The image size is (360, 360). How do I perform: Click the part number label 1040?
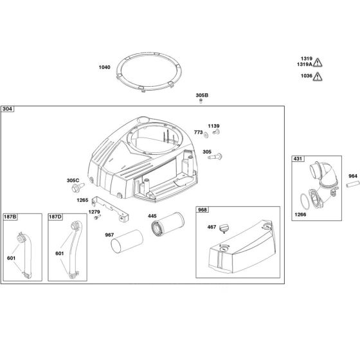[x=104, y=67]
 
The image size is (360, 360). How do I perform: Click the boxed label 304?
[x=8, y=109]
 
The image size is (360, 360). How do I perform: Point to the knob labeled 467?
[x=224, y=228]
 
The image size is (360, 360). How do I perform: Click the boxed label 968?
[x=203, y=210]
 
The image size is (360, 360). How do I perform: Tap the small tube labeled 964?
[x=350, y=184]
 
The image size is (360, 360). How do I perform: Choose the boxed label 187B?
[x=10, y=217]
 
